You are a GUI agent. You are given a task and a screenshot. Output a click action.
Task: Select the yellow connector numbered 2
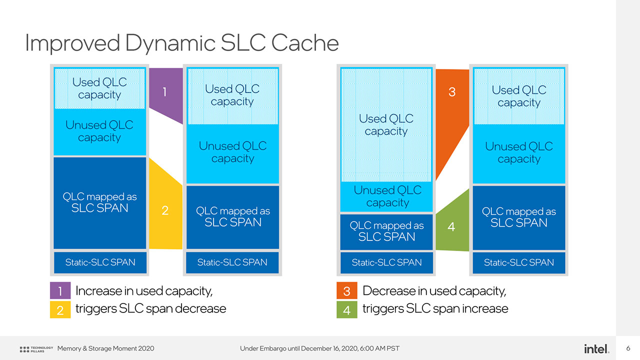(165, 210)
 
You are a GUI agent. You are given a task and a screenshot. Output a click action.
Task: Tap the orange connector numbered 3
(451, 100)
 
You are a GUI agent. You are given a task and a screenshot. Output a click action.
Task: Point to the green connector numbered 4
(451, 225)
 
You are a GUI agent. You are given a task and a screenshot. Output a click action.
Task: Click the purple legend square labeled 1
(60, 291)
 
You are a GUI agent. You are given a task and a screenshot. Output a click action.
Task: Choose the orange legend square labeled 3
(347, 291)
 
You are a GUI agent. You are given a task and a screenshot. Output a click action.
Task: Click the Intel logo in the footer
(596, 348)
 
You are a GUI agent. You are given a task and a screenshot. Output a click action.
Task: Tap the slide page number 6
(628, 348)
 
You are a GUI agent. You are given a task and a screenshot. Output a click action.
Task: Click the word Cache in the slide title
(305, 43)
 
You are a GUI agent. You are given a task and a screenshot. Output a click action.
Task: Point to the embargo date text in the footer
(319, 348)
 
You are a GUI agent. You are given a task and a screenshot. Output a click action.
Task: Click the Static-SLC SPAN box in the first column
(100, 262)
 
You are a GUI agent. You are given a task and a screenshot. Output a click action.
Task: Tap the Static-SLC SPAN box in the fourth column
(519, 262)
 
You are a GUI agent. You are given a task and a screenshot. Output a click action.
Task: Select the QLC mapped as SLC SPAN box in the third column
(386, 231)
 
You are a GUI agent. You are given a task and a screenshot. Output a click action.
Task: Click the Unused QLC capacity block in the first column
(99, 131)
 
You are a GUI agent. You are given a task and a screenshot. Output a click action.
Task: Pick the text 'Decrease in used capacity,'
(434, 290)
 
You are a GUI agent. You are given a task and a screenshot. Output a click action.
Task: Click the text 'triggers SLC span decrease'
(150, 309)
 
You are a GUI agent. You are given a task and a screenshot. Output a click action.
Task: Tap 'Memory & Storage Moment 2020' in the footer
(106, 348)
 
